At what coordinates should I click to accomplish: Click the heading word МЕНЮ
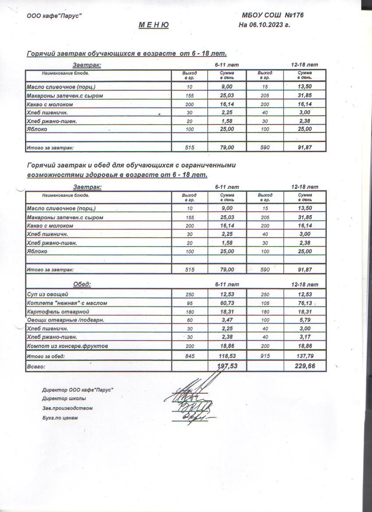[x=154, y=25]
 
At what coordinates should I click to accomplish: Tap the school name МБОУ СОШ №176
[x=273, y=15]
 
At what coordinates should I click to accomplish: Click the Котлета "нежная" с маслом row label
[x=67, y=303]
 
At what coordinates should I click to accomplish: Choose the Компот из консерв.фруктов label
[x=67, y=346]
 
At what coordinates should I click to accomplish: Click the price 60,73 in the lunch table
[x=227, y=303]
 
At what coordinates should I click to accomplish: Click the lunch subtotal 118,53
[x=227, y=356]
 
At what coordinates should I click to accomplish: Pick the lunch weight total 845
[x=189, y=356]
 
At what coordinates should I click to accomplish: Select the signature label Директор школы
[x=64, y=398]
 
